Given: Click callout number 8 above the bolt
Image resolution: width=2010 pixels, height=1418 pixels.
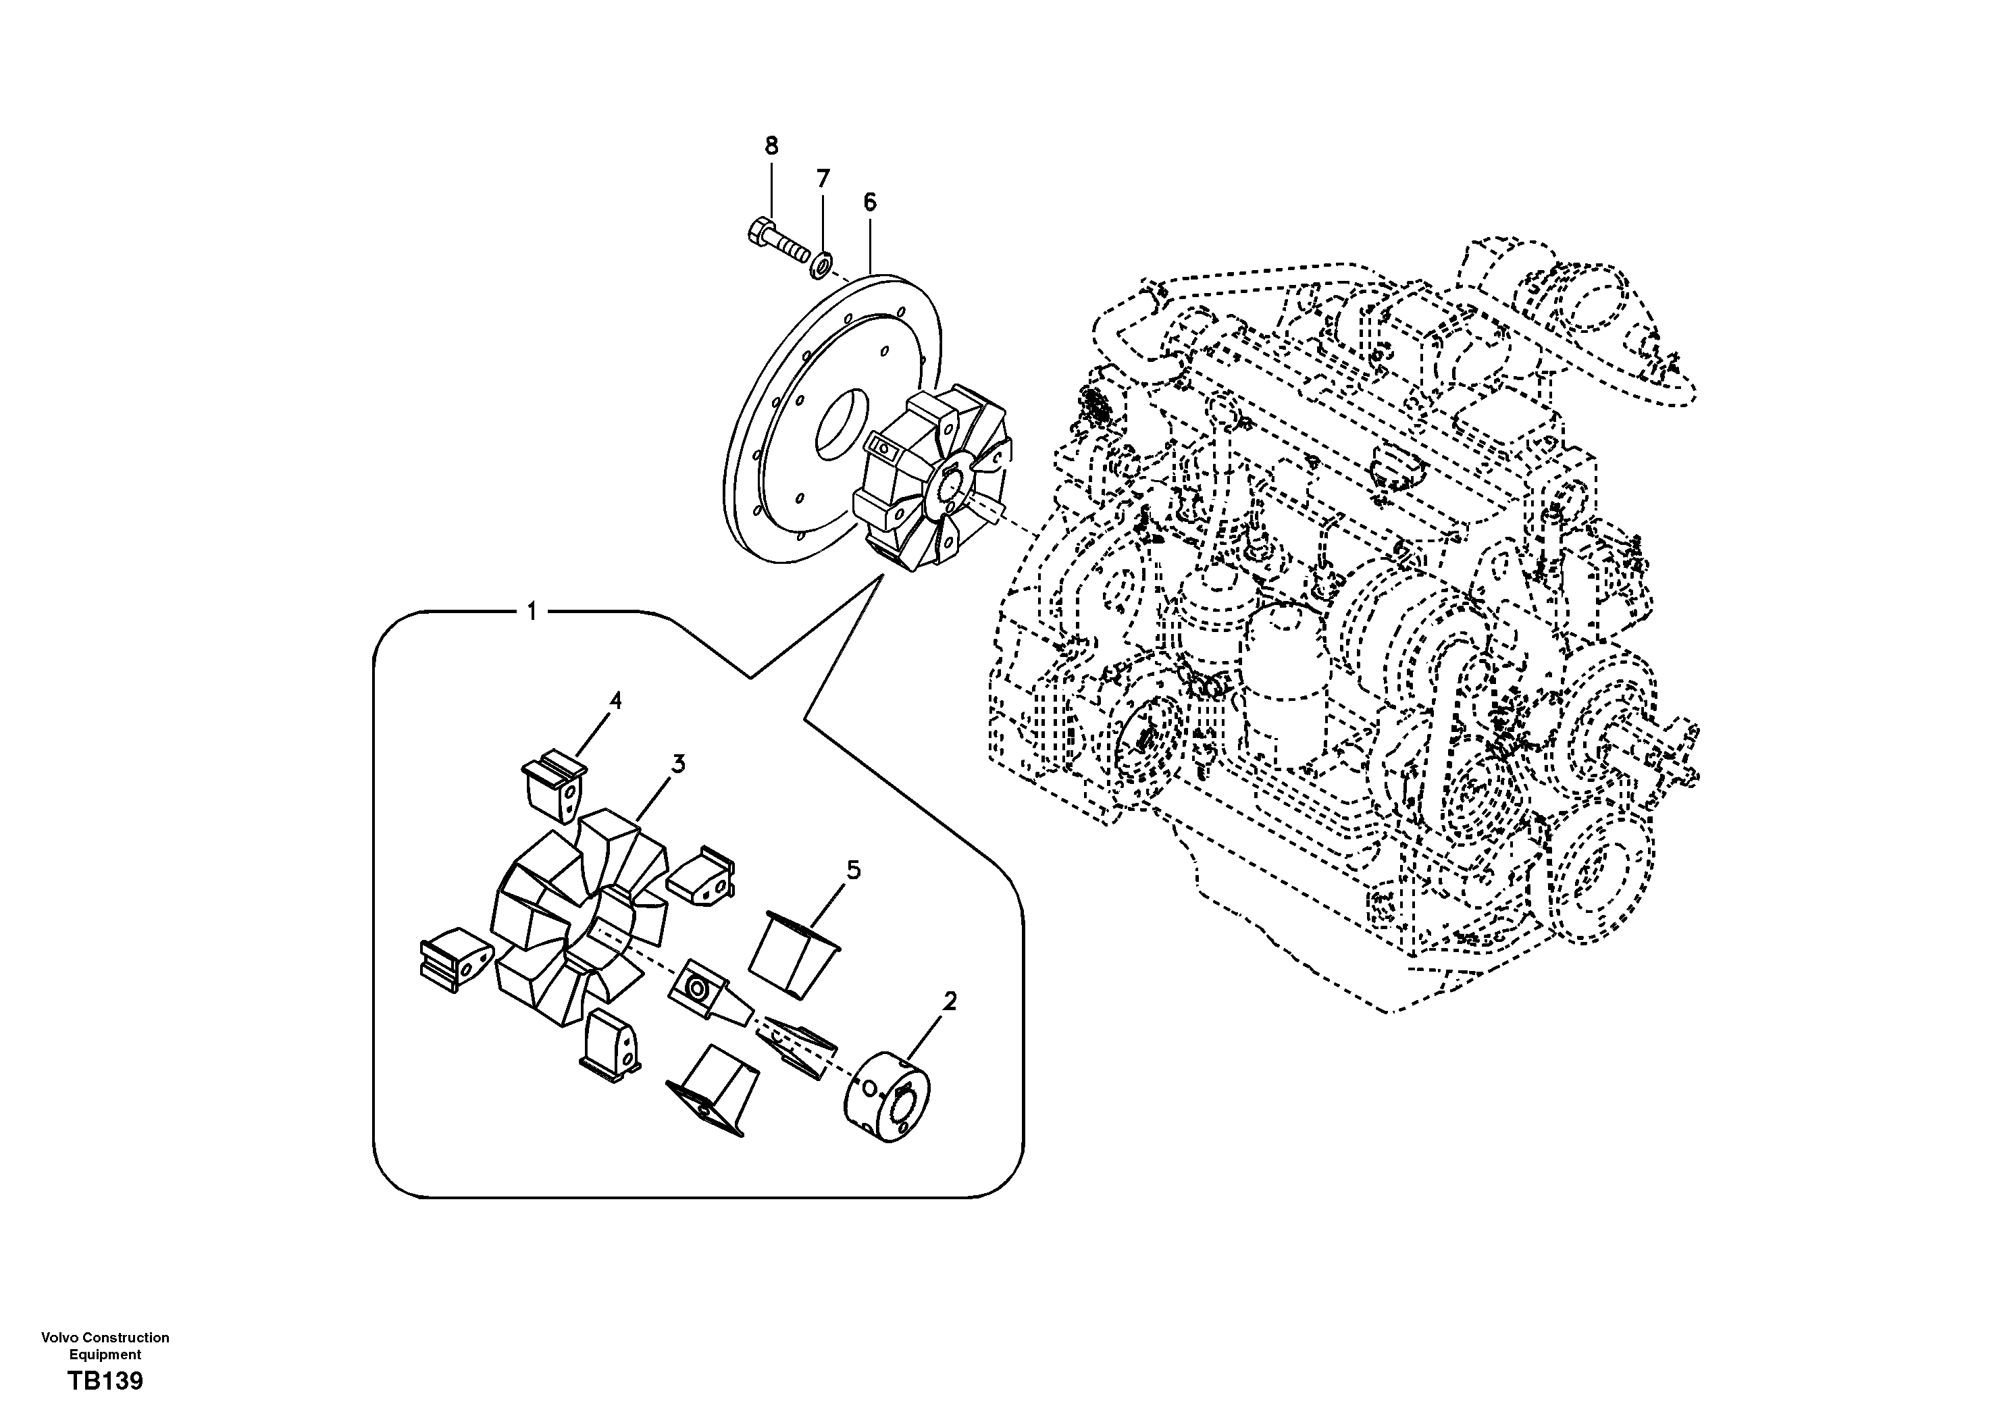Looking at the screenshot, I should pyautogui.click(x=771, y=145).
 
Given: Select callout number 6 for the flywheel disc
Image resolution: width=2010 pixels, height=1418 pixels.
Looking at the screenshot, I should pyautogui.click(x=869, y=202).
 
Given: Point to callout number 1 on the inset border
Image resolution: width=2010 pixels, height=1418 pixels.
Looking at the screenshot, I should pyautogui.click(x=532, y=611).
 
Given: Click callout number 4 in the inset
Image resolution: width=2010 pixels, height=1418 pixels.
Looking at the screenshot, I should pyautogui.click(x=615, y=700).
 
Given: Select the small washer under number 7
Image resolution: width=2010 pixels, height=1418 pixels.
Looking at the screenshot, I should pyautogui.click(x=821, y=263).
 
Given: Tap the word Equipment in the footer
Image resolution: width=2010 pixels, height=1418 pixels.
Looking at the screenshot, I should pyautogui.click(x=105, y=1354).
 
